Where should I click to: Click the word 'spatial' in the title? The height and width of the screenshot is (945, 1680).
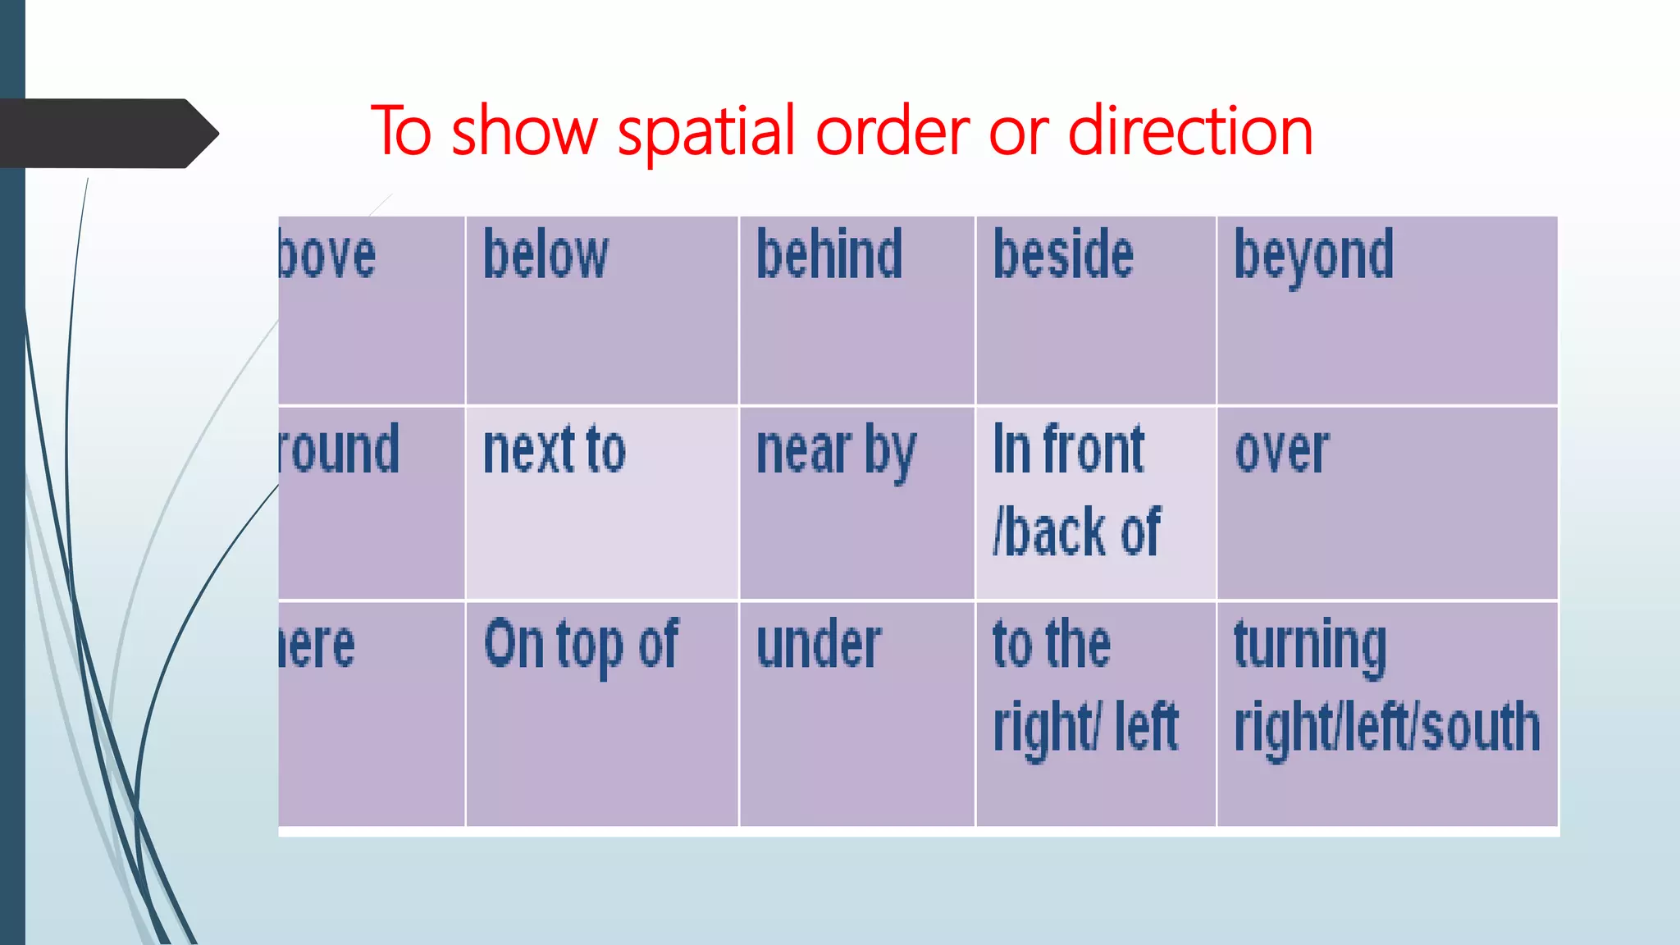(706, 131)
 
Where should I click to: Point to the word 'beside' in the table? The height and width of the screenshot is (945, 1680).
(1063, 255)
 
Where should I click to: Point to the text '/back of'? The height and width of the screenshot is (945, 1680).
(1076, 532)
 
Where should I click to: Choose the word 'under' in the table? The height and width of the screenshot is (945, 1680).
(819, 646)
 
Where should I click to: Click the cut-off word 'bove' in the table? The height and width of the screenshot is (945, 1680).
(327, 257)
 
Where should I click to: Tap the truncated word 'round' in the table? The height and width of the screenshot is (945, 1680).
(339, 450)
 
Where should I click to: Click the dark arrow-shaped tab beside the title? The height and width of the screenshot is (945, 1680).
(107, 134)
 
